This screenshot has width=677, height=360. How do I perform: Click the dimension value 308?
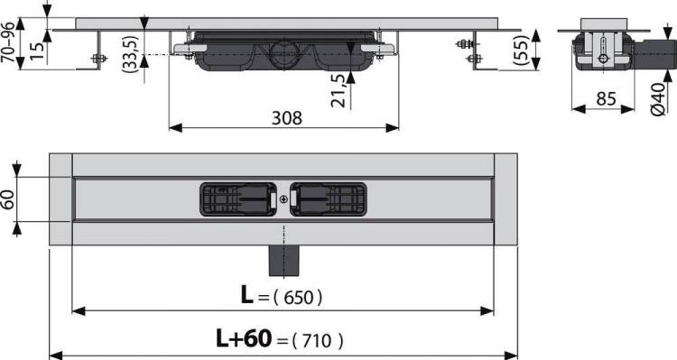287,117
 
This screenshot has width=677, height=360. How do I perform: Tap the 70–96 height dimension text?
8,43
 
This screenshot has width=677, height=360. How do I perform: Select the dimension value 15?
38,51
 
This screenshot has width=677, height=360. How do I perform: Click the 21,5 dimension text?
338,90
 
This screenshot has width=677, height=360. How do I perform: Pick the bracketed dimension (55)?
521,50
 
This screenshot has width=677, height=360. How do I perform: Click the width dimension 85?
606,99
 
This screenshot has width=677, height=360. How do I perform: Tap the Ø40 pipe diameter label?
658,99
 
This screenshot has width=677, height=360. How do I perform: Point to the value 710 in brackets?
318,340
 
